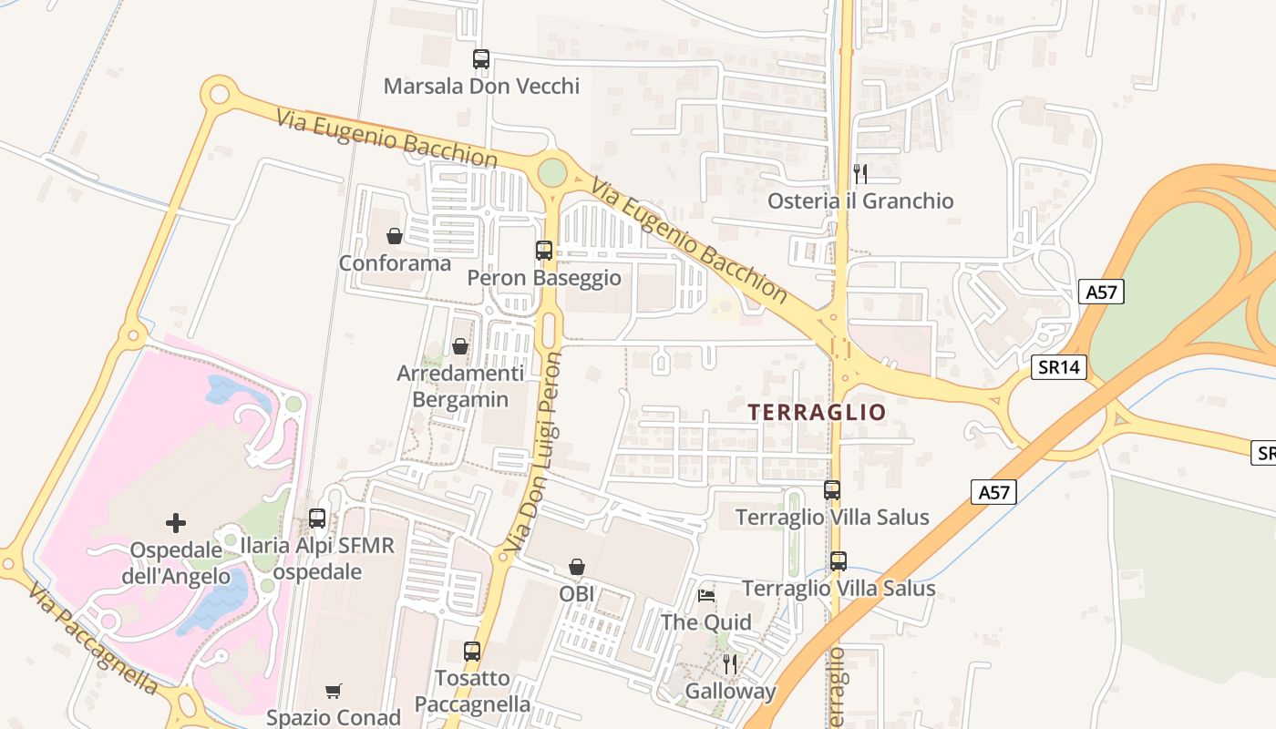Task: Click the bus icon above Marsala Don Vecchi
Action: coord(481,59)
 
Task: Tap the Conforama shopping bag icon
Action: coord(395,236)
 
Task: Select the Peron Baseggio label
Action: coord(544,278)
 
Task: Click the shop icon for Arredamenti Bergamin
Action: coord(460,346)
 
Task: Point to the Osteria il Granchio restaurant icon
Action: coord(859,173)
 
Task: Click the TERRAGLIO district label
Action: coord(817,412)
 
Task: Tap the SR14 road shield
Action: coord(1060,367)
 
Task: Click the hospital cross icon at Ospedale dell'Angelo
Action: coord(176,523)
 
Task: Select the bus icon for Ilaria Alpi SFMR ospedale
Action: coord(317,519)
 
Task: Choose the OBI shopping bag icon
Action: coord(577,567)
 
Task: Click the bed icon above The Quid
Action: coord(706,596)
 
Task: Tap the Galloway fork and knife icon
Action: coord(730,663)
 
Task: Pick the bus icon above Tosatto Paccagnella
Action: coord(472,652)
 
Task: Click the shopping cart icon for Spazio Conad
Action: coord(333,691)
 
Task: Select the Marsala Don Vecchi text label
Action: coord(481,87)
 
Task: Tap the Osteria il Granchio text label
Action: coord(860,200)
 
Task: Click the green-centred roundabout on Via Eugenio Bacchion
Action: coord(552,171)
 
